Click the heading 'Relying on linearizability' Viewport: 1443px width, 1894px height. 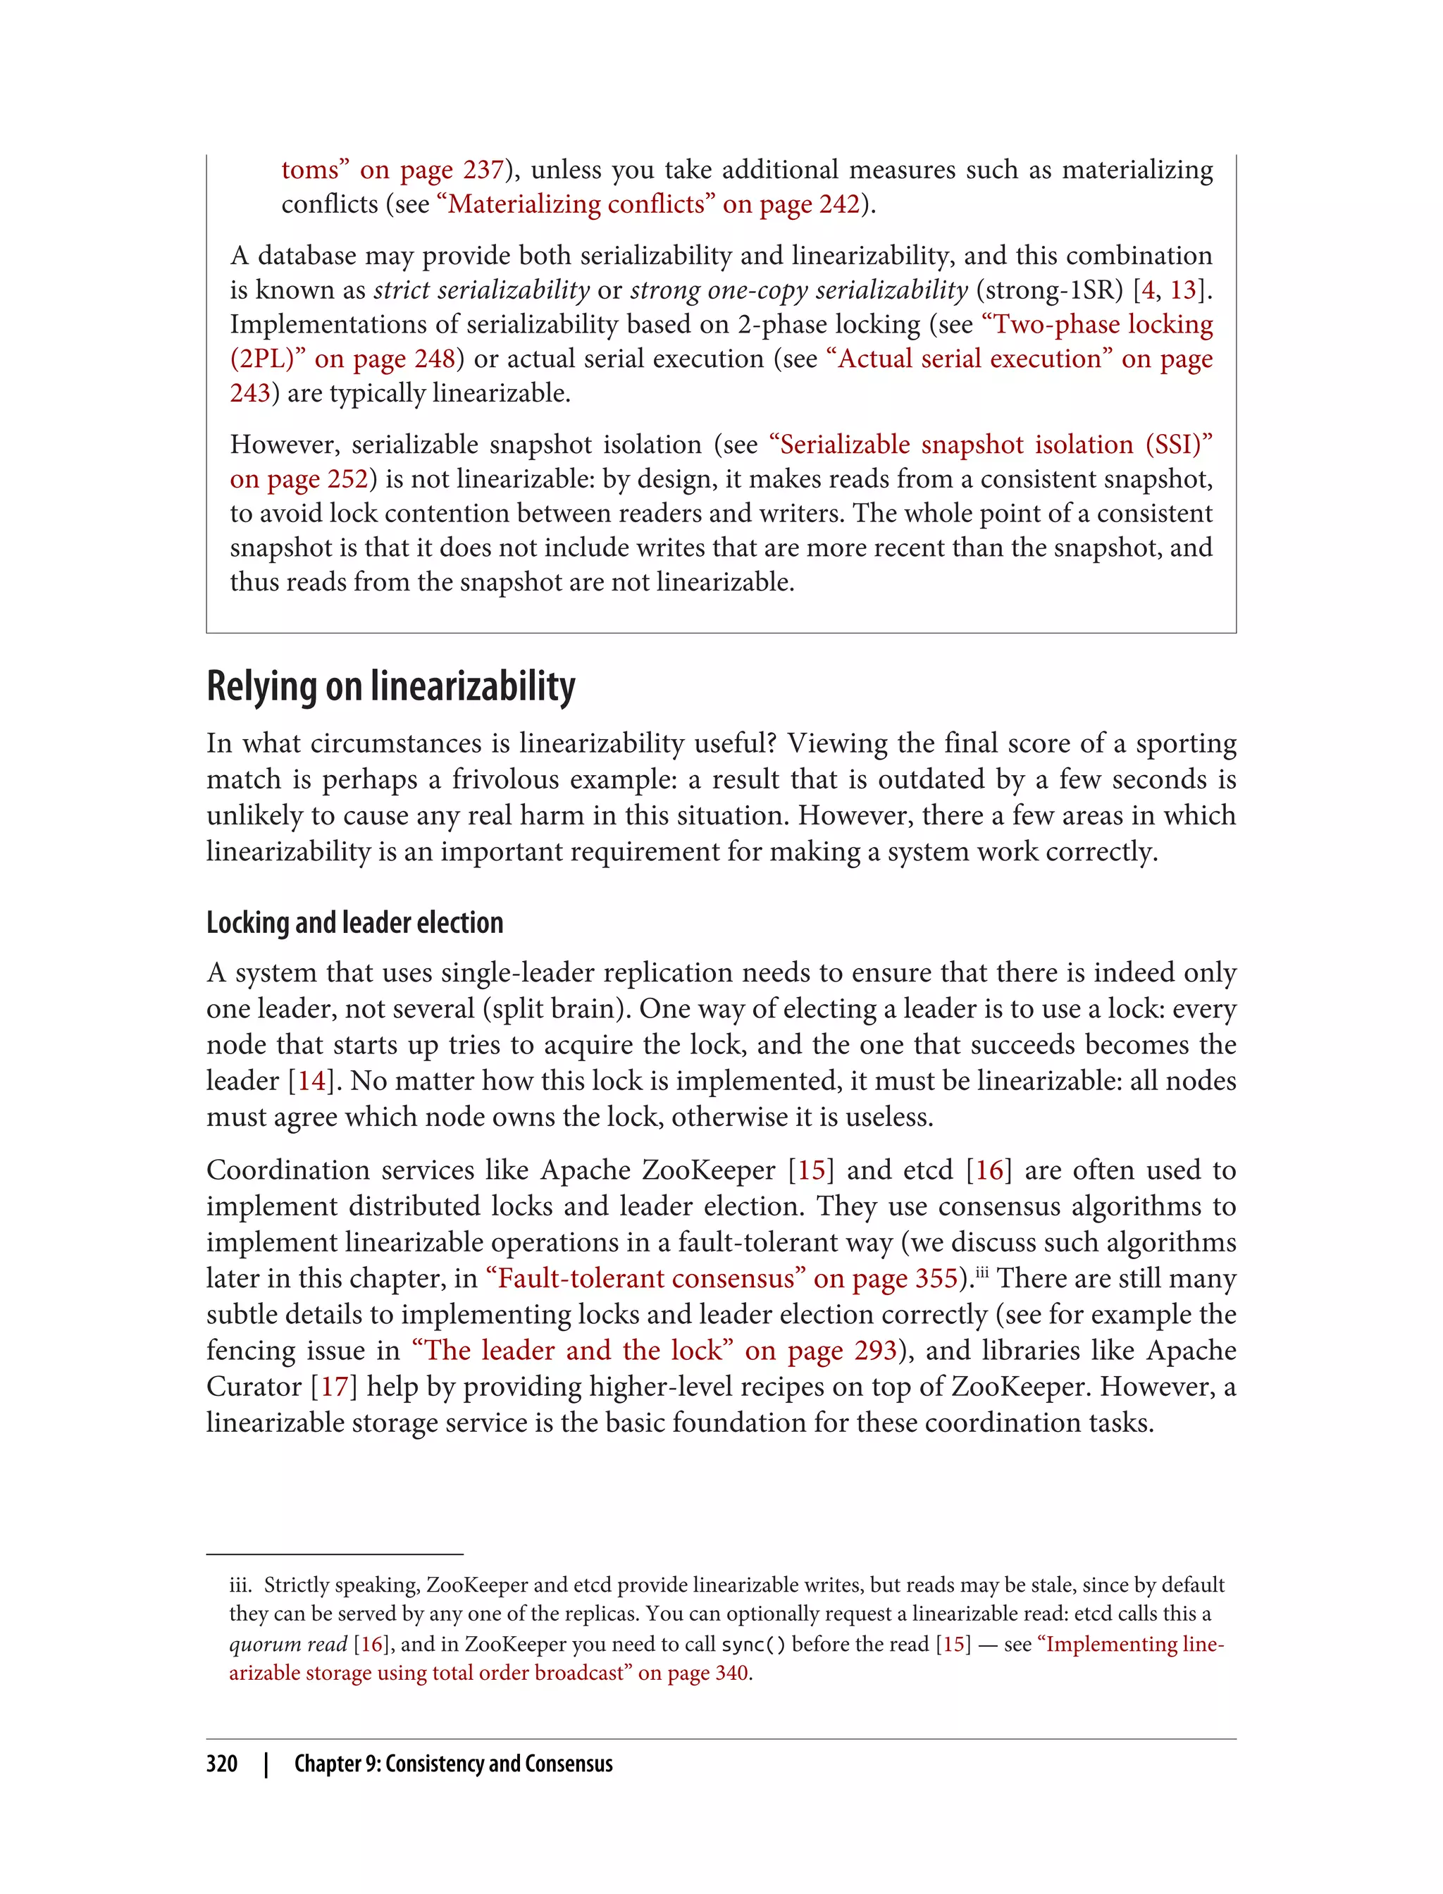tap(391, 687)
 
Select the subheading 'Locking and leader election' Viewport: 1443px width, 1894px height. tap(354, 922)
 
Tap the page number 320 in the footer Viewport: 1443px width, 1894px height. tap(222, 1764)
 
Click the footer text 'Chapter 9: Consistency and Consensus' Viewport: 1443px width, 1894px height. tap(454, 1764)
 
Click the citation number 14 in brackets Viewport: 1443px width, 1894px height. tap(311, 1081)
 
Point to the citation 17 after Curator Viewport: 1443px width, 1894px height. tap(333, 1387)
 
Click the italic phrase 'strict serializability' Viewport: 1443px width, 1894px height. tap(482, 290)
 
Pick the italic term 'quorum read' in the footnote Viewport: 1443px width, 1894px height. tap(287, 1644)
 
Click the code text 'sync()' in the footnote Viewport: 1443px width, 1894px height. tap(753, 1645)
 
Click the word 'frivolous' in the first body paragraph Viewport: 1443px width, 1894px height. tap(504, 780)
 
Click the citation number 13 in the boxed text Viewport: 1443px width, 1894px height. tap(1183, 290)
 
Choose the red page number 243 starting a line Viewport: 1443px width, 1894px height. tap(250, 393)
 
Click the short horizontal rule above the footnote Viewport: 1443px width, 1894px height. tap(335, 1554)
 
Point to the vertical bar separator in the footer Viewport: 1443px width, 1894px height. tap(266, 1764)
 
